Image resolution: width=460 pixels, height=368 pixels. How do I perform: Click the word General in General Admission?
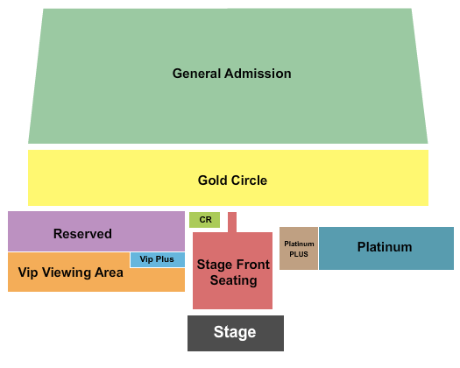click(196, 74)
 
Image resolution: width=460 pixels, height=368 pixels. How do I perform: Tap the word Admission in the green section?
click(258, 74)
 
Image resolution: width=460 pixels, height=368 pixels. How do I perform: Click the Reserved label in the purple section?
click(82, 234)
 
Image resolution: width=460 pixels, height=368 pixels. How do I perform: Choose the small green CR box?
click(204, 220)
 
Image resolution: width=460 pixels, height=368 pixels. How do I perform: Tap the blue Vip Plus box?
click(158, 259)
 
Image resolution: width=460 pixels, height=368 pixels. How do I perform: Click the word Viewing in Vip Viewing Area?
click(66, 272)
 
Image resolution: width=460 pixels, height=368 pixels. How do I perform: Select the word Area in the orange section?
click(109, 272)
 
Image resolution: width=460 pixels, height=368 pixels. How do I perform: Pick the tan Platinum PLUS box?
click(299, 248)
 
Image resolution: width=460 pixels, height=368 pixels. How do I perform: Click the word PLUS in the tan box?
click(299, 254)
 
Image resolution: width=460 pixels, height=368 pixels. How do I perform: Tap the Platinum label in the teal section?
click(385, 247)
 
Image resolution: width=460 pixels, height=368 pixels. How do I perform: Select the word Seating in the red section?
click(234, 280)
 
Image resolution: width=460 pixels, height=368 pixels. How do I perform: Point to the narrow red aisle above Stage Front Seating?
click(232, 223)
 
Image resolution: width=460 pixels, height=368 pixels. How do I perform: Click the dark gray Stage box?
click(236, 333)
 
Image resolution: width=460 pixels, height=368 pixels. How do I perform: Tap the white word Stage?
click(235, 332)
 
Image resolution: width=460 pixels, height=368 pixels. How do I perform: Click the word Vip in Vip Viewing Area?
click(28, 272)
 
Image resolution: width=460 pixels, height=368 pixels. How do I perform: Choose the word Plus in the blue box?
click(165, 259)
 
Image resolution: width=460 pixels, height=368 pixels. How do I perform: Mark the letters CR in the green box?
click(205, 220)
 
